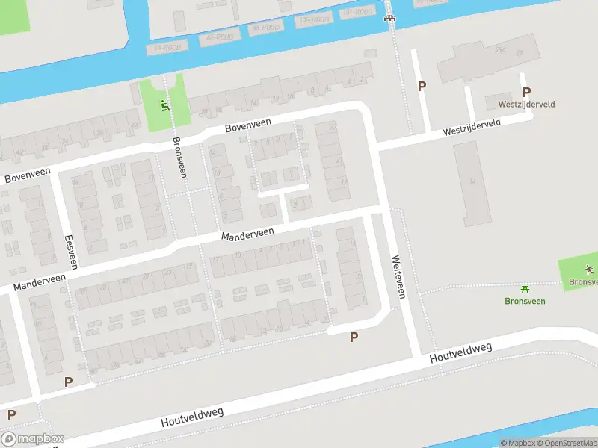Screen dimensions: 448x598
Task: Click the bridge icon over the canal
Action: point(388,19)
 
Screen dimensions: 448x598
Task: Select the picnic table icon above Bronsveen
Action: point(525,288)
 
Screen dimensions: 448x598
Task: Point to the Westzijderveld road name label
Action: point(471,129)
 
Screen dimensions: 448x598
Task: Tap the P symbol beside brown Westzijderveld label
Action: point(526,93)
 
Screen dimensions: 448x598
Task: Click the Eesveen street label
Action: point(71,252)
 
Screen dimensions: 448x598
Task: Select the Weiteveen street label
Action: point(398,277)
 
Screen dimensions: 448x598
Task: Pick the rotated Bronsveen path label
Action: point(179,157)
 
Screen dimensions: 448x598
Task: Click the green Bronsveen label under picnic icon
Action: point(525,301)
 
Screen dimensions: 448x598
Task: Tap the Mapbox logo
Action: point(32,439)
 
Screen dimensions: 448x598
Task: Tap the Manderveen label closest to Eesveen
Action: point(39,282)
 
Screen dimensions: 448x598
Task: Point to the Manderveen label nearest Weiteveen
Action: point(247,234)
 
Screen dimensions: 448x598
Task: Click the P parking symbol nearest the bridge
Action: point(422,87)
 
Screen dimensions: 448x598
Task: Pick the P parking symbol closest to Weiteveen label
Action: point(354,337)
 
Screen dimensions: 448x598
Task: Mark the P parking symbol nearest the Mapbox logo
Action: point(11,414)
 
